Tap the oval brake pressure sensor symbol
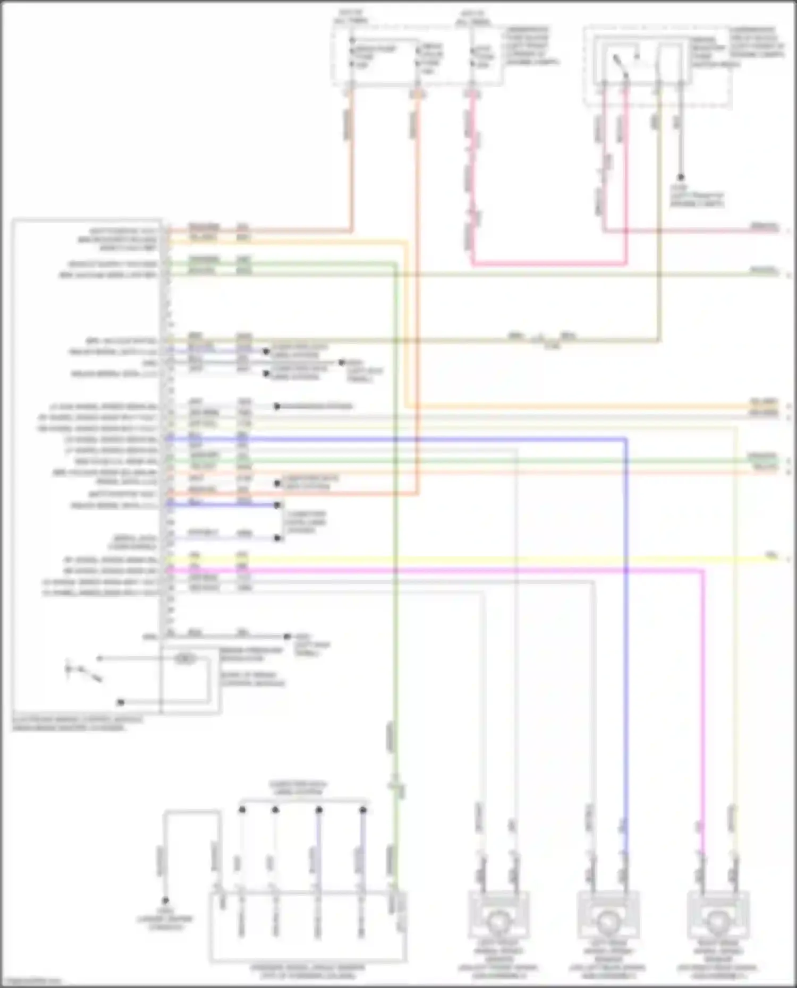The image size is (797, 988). coord(185,659)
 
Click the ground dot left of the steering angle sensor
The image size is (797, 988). coord(165,901)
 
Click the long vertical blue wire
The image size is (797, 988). coord(626,637)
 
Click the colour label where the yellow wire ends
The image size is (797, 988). coord(771,555)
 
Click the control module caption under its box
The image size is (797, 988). coord(77,724)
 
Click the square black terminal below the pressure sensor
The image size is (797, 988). coord(121,702)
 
